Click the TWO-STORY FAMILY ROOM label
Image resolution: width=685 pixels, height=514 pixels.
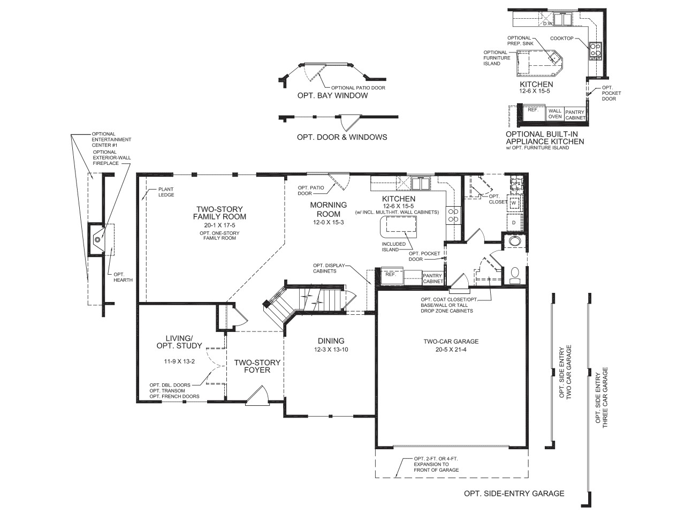tap(219, 213)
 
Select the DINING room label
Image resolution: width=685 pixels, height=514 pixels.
tap(331, 341)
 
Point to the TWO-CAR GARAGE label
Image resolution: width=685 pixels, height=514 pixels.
tap(451, 341)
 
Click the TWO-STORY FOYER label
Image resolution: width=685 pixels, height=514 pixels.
tap(257, 366)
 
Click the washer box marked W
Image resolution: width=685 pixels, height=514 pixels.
tap(513, 203)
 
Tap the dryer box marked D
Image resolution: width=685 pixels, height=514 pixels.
tap(513, 222)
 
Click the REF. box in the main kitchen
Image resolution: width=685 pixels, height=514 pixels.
tap(391, 274)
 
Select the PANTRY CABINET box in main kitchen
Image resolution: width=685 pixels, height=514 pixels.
tap(433, 278)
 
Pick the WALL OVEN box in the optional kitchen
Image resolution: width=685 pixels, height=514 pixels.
tap(555, 114)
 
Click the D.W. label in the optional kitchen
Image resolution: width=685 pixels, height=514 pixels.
tap(547, 24)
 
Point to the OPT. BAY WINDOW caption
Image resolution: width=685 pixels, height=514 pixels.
tap(332, 96)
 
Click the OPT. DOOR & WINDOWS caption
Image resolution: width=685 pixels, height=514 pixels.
tap(342, 137)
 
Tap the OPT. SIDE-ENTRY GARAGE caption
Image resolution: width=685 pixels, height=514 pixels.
tap(514, 494)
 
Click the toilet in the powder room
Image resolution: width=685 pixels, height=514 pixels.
tap(515, 275)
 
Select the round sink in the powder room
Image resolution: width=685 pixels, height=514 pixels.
tap(515, 241)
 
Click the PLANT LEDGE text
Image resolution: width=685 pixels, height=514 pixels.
tap(166, 192)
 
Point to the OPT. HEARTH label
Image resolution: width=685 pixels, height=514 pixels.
tap(123, 277)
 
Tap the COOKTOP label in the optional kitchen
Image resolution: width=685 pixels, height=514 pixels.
tap(561, 39)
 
